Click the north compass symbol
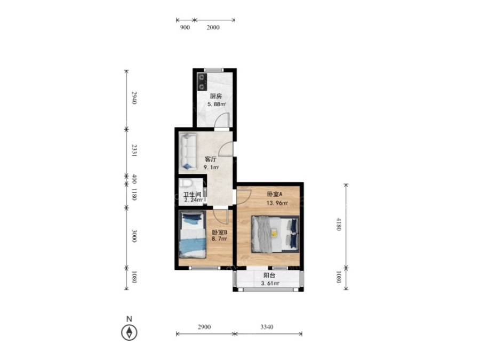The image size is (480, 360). click(129, 332)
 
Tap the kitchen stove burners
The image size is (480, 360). click(202, 82)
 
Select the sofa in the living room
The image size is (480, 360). click(188, 151)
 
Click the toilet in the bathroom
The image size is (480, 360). click(186, 183)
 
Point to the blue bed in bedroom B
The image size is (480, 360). click(192, 235)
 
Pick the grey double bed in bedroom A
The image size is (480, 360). click(275, 234)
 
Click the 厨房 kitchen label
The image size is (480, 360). click(216, 96)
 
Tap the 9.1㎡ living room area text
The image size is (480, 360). click(212, 167)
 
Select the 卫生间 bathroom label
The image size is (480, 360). click(192, 194)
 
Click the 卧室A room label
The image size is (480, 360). click(275, 194)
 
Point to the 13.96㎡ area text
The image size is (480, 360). click(277, 203)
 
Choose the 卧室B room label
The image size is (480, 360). click(220, 233)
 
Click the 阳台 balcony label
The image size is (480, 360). click(269, 275)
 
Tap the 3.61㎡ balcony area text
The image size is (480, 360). click(270, 284)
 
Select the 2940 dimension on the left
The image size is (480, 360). click(134, 98)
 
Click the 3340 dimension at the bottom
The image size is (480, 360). click(267, 327)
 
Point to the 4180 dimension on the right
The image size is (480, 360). click(339, 224)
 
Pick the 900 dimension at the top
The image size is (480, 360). click(185, 27)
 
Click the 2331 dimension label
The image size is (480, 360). click(134, 150)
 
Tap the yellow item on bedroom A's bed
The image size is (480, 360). click(274, 233)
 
